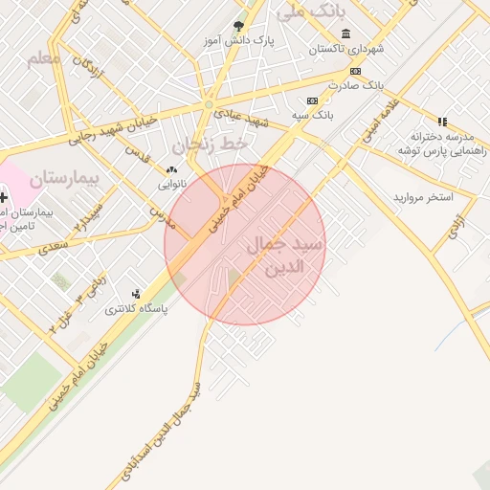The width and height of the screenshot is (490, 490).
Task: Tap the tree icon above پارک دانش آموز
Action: click(238, 27)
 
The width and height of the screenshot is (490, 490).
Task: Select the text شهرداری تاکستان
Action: click(346, 48)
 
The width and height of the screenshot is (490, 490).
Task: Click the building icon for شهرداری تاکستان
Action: click(345, 33)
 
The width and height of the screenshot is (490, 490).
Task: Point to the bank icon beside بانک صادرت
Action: click(355, 71)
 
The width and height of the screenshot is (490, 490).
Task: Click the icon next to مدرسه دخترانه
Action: click(441, 122)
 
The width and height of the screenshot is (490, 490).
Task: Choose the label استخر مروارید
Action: click(422, 196)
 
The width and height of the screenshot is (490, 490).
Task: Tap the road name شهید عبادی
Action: click(242, 117)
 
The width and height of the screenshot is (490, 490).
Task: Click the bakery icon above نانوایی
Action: click(171, 169)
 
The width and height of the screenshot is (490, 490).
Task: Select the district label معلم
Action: click(43, 59)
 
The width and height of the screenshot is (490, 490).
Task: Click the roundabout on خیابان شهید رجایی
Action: click(209, 104)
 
